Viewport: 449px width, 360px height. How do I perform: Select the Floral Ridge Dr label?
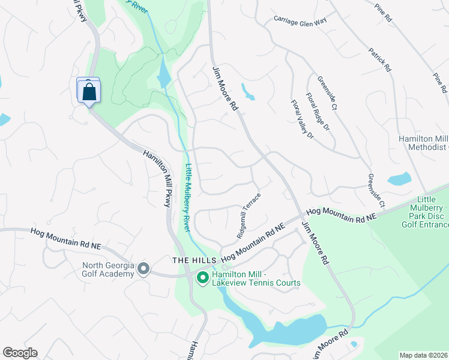pos(318,112)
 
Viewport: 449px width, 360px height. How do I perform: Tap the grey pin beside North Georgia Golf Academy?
pos(143,269)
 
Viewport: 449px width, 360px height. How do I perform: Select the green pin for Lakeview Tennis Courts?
pos(202,278)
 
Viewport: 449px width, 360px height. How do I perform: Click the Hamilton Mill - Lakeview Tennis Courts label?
pos(255,278)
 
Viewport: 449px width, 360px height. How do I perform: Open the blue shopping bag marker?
pos(89,92)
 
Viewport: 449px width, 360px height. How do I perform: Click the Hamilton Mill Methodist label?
pos(424,142)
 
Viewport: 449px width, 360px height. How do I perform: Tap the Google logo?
pos(20,353)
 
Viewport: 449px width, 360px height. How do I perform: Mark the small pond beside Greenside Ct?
pos(399,178)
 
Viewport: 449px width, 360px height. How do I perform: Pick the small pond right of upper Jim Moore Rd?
pos(248,91)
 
